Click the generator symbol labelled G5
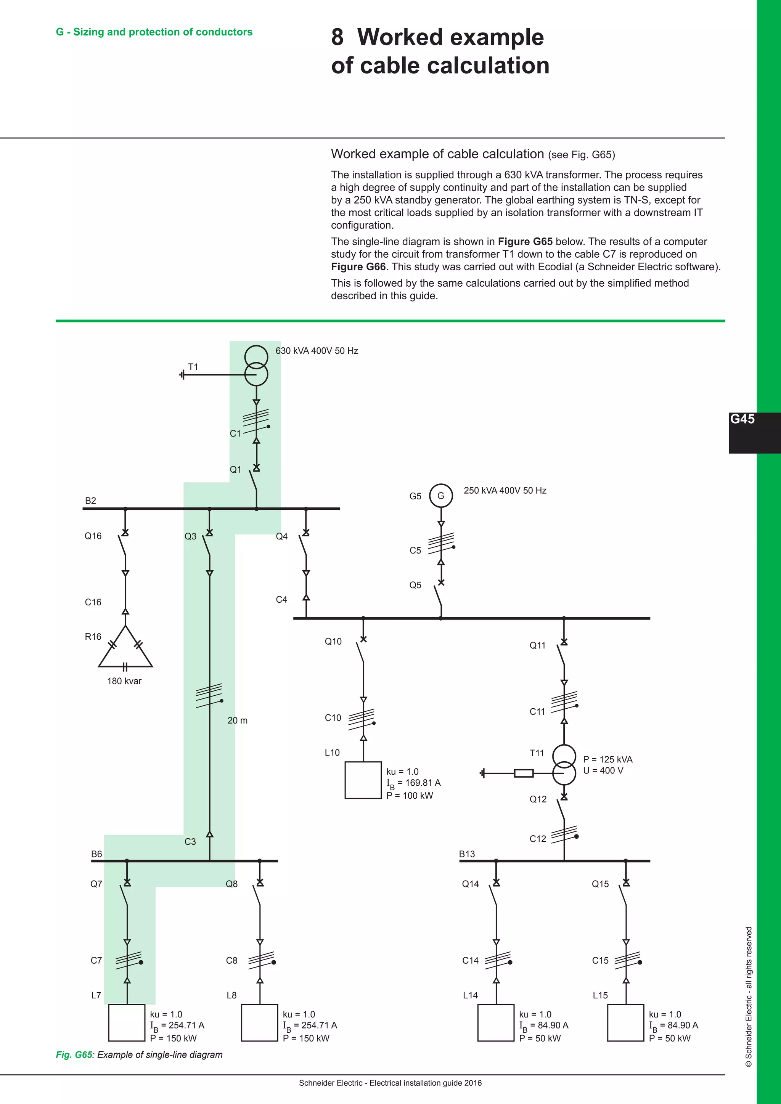[440, 496]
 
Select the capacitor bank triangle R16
[125, 650]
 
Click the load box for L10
[363, 780]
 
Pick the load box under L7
[127, 1022]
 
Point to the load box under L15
[625, 1022]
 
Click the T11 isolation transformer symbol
[564, 765]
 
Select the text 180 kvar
[124, 681]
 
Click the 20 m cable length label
[238, 720]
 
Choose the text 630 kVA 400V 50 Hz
[317, 351]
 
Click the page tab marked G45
[742, 419]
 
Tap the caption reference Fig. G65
[74, 1054]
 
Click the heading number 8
[337, 37]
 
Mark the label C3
[190, 841]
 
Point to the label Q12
[538, 799]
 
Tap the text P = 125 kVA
[607, 759]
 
